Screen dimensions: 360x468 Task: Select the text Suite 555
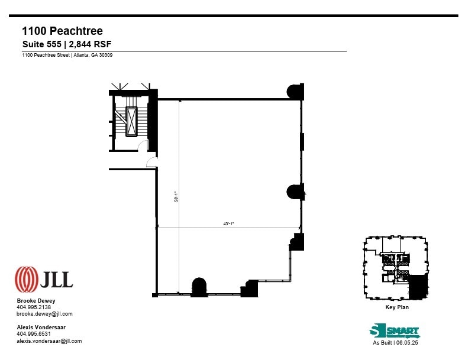click(x=41, y=44)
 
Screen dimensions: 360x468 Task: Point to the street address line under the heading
click(x=67, y=55)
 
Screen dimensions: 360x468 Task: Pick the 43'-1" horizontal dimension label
click(x=228, y=223)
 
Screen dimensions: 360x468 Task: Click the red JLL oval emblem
click(x=26, y=279)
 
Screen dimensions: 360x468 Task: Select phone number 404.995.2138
click(x=34, y=307)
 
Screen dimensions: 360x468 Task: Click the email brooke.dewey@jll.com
click(x=44, y=314)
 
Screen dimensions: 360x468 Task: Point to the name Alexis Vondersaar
click(x=41, y=327)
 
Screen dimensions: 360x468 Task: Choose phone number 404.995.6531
click(x=34, y=334)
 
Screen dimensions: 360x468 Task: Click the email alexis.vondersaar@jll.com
click(x=49, y=341)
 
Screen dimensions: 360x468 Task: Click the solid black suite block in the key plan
click(x=418, y=286)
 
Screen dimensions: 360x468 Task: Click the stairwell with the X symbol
click(x=131, y=122)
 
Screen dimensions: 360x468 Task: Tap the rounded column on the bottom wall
click(x=199, y=287)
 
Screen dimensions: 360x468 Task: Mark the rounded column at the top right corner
click(x=295, y=92)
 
